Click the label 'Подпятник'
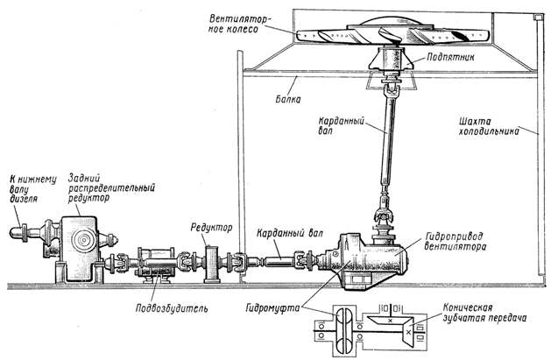451,54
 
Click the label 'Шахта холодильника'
483,128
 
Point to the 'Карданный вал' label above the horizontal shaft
286,235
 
